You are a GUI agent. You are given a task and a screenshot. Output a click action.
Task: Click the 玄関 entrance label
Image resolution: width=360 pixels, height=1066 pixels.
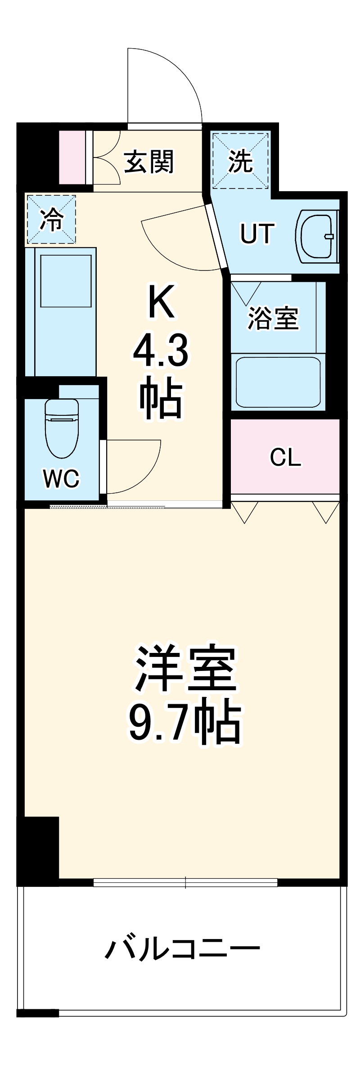tap(148, 162)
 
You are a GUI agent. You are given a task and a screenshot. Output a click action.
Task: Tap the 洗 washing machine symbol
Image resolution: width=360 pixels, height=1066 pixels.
tap(240, 161)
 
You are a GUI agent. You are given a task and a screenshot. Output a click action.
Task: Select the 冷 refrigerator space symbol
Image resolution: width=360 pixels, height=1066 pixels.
tap(51, 220)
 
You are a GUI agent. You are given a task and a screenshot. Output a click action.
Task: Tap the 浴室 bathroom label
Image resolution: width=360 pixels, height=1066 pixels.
tap(273, 318)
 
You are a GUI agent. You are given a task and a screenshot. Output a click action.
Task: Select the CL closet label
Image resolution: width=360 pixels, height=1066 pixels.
tap(285, 458)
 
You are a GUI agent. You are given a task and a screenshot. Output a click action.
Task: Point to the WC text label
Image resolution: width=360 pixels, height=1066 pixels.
tap(61, 478)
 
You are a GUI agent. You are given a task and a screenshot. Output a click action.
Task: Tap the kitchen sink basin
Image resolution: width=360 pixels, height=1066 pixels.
tap(66, 280)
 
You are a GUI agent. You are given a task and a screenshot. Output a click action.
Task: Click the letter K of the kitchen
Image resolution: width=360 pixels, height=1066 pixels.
tap(161, 302)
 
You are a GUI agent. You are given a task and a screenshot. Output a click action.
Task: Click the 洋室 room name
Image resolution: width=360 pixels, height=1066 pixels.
tap(185, 669)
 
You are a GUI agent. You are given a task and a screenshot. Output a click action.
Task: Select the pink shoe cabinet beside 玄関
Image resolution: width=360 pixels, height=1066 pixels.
tap(72, 157)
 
